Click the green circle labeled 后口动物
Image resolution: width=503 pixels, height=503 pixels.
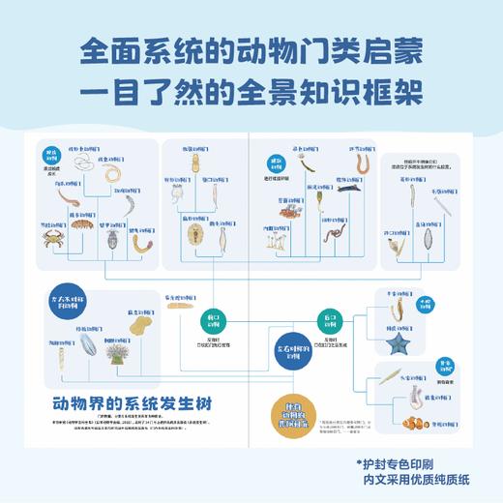(327, 320)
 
